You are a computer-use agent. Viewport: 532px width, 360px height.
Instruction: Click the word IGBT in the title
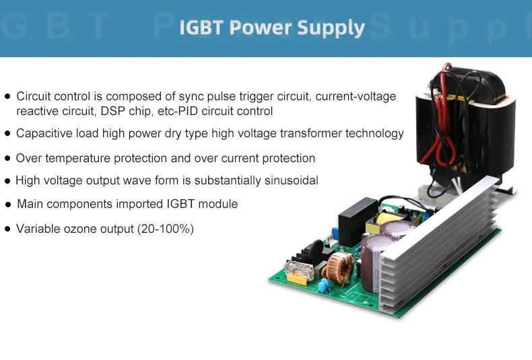201,28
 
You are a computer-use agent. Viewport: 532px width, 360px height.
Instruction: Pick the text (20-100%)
166,229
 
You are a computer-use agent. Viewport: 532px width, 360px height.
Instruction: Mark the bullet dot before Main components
7,204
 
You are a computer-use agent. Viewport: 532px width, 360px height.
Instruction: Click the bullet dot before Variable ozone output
7,229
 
